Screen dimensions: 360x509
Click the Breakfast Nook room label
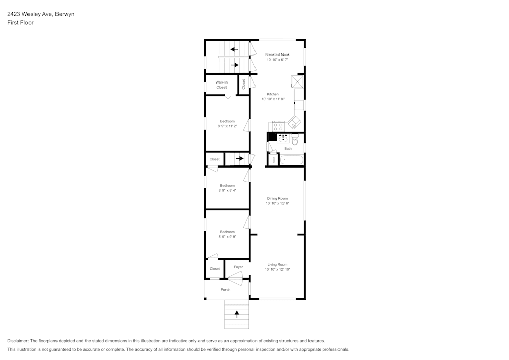pos(277,54)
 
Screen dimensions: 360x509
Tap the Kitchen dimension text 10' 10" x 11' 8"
pos(273,99)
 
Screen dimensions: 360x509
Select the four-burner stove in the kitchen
pos(278,126)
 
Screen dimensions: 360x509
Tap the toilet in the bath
pos(295,139)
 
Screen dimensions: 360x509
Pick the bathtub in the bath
pos(292,160)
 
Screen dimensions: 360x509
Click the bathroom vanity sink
pos(283,138)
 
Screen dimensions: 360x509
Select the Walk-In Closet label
pos(221,85)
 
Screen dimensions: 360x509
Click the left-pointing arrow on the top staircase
pos(234,49)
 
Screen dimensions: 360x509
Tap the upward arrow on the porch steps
pos(237,314)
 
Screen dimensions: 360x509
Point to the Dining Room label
pos(277,198)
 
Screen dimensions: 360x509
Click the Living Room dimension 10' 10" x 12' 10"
pos(277,270)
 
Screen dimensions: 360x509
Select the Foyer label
pos(238,267)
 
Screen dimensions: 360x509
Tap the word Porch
pos(225,290)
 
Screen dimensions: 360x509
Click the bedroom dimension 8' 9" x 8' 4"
pos(227,191)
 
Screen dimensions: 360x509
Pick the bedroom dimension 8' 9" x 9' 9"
pos(227,237)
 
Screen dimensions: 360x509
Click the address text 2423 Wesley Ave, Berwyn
pos(41,14)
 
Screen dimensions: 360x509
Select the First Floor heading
pos(20,23)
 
